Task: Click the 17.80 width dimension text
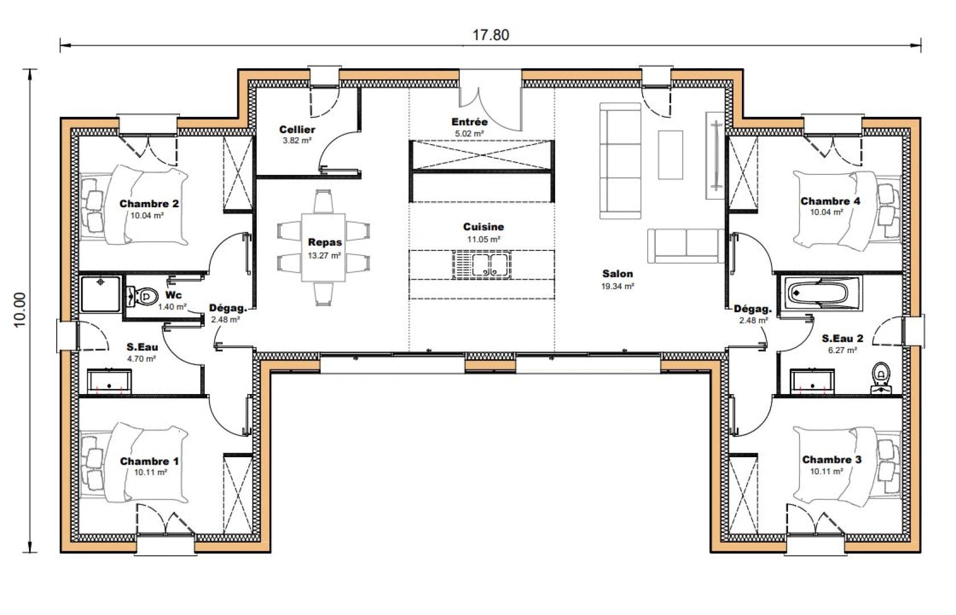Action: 490,35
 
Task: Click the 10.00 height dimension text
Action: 20,310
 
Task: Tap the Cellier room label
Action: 297,129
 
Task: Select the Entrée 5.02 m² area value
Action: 469,134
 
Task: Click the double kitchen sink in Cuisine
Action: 482,265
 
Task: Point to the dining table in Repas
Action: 323,247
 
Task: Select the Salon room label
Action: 617,273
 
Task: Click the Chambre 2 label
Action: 149,204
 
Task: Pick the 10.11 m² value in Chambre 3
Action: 826,471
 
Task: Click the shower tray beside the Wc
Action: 100,294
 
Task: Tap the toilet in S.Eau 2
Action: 880,376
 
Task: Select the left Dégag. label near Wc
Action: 228,308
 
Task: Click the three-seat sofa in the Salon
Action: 621,161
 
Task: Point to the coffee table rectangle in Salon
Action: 670,155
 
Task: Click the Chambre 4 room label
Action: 830,201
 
